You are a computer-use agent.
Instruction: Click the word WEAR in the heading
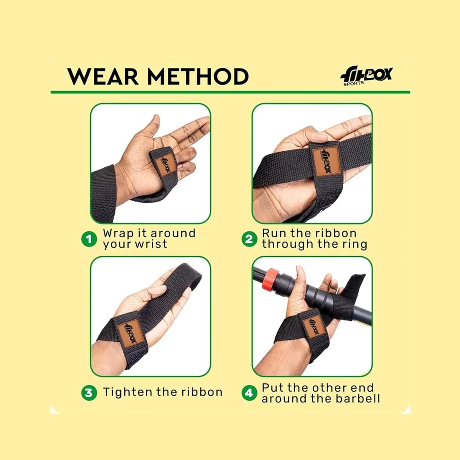[x=103, y=76]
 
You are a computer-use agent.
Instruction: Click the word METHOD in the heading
[x=198, y=76]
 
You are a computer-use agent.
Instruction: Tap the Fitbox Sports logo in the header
[x=367, y=76]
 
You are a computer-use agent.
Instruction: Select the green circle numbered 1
[x=89, y=239]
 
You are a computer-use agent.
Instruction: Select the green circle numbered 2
[x=249, y=239]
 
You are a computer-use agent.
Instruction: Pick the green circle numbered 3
[x=89, y=392]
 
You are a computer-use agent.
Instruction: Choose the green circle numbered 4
[x=249, y=392]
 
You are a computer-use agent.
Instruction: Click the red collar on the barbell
[x=270, y=278]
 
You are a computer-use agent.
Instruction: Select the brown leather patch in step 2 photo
[x=327, y=161]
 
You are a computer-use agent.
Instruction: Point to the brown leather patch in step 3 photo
[x=131, y=333]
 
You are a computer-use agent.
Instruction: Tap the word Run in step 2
[x=273, y=234]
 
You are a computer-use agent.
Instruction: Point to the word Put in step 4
[x=272, y=387]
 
